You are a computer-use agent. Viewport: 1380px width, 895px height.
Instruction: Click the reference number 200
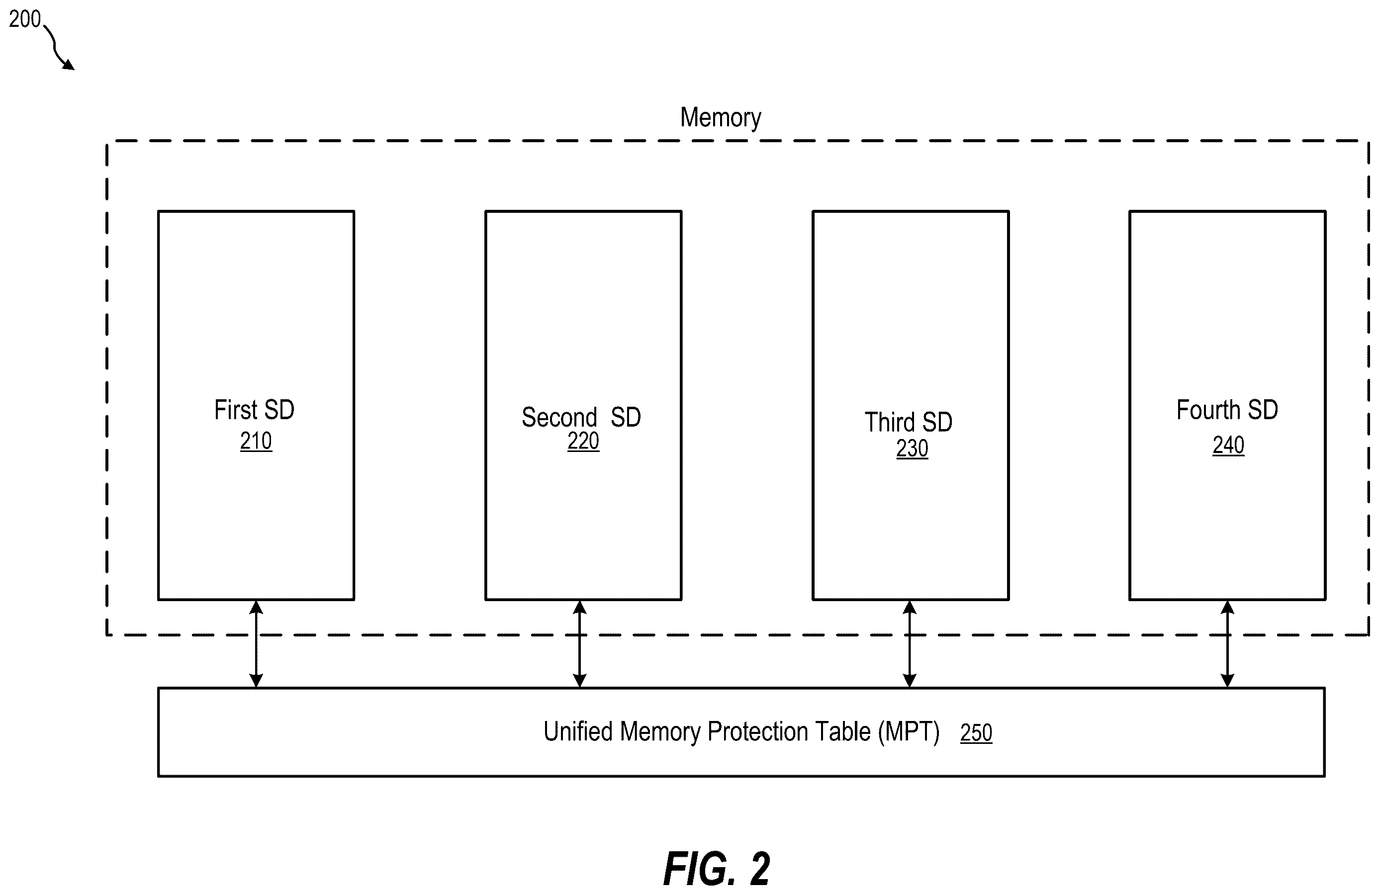25,19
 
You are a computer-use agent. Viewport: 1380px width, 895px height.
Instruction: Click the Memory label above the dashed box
720,118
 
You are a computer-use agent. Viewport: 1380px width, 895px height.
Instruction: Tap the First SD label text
254,410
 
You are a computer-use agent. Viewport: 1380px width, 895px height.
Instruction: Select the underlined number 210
256,441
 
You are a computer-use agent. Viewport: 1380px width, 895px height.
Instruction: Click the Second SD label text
581,417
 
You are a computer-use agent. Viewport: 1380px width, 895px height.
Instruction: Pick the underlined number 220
583,441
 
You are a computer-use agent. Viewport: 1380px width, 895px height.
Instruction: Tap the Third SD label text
909,422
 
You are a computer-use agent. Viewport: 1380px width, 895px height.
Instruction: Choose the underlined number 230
912,448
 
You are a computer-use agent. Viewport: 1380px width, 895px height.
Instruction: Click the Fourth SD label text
1227,410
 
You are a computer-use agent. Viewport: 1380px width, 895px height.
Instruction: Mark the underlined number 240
1228,445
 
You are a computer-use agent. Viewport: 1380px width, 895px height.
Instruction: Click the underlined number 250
976,733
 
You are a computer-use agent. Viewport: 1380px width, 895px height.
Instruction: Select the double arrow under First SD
256,644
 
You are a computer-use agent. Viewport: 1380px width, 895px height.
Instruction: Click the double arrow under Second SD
579,644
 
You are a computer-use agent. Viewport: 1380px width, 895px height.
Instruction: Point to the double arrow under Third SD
910,644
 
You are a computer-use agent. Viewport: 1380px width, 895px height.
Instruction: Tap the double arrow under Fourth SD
1227,644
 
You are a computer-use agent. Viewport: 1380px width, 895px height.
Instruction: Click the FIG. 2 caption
717,869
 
